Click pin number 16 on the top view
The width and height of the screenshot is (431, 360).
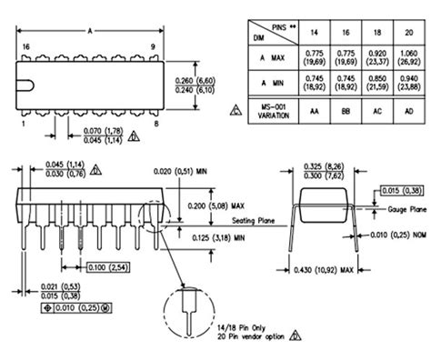click(x=26, y=45)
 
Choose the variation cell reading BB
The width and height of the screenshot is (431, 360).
click(x=346, y=115)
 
